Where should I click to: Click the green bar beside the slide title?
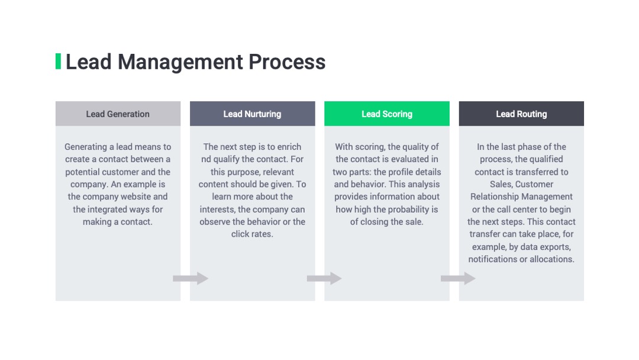(x=58, y=61)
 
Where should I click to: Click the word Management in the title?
(x=180, y=62)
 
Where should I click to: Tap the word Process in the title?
(x=287, y=62)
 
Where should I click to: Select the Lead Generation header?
(x=118, y=114)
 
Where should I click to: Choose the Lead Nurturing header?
(x=252, y=114)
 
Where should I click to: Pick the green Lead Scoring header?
(x=387, y=114)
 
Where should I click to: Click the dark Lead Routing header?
(x=521, y=114)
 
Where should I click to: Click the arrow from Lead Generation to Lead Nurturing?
(x=191, y=278)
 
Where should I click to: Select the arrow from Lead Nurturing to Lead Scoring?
(x=324, y=278)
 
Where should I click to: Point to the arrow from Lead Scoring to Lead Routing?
(x=458, y=278)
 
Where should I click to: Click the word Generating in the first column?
(x=86, y=147)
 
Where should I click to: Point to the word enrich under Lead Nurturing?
(x=289, y=147)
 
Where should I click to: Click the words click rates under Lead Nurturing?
(x=252, y=234)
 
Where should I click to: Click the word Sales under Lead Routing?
(x=501, y=184)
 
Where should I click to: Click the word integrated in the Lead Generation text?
(x=106, y=210)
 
